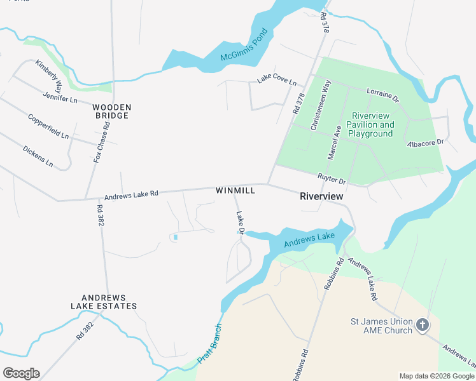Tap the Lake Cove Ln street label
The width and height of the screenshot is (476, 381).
277,81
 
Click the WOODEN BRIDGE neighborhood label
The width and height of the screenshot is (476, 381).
111,111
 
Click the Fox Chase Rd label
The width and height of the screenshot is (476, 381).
102,142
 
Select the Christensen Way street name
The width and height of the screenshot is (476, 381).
320,105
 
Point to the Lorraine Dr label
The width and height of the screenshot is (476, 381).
382,95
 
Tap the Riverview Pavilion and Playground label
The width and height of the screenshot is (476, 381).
372,124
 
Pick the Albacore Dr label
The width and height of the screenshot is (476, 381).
425,143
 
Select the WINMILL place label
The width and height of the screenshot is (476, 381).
235,190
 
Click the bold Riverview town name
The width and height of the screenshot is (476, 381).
321,197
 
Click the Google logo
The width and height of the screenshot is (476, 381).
21,373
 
